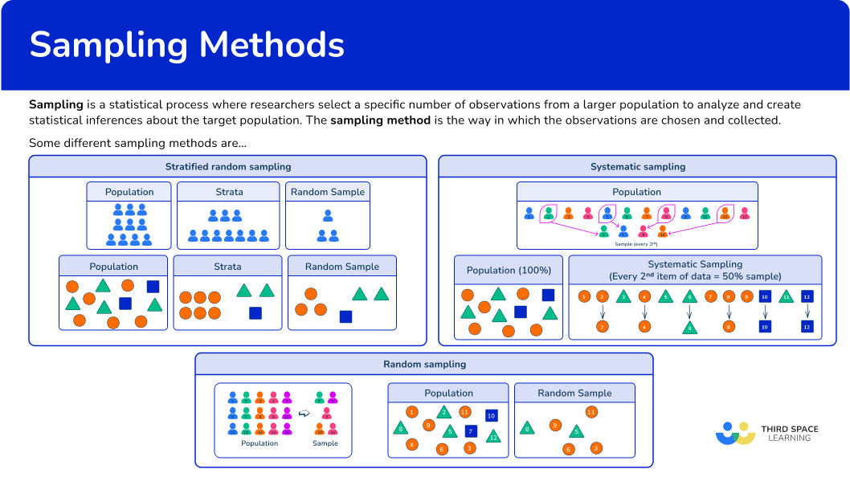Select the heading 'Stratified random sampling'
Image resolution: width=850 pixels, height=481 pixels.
[228, 167]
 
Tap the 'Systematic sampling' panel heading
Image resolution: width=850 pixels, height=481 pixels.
[638, 167]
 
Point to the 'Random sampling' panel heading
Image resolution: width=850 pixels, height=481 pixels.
[424, 365]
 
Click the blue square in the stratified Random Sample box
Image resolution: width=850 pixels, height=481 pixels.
[345, 316]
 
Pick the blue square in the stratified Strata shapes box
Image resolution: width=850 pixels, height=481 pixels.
[255, 313]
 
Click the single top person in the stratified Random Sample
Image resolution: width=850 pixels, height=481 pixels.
[328, 216]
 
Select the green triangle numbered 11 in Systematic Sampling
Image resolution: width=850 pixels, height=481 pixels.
[787, 297]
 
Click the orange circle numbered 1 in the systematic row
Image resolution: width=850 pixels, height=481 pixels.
[584, 297]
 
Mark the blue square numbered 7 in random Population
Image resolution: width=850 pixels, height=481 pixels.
[472, 431]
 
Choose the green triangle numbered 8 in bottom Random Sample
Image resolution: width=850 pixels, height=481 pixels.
[527, 429]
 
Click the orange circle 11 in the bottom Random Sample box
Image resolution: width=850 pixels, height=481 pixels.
[591, 412]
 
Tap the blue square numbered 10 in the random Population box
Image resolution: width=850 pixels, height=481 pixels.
[491, 416]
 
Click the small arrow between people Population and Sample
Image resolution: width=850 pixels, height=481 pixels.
[304, 413]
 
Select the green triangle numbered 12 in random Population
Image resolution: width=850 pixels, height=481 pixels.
[493, 436]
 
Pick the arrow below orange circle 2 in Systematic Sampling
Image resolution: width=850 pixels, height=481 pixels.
[601, 312]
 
